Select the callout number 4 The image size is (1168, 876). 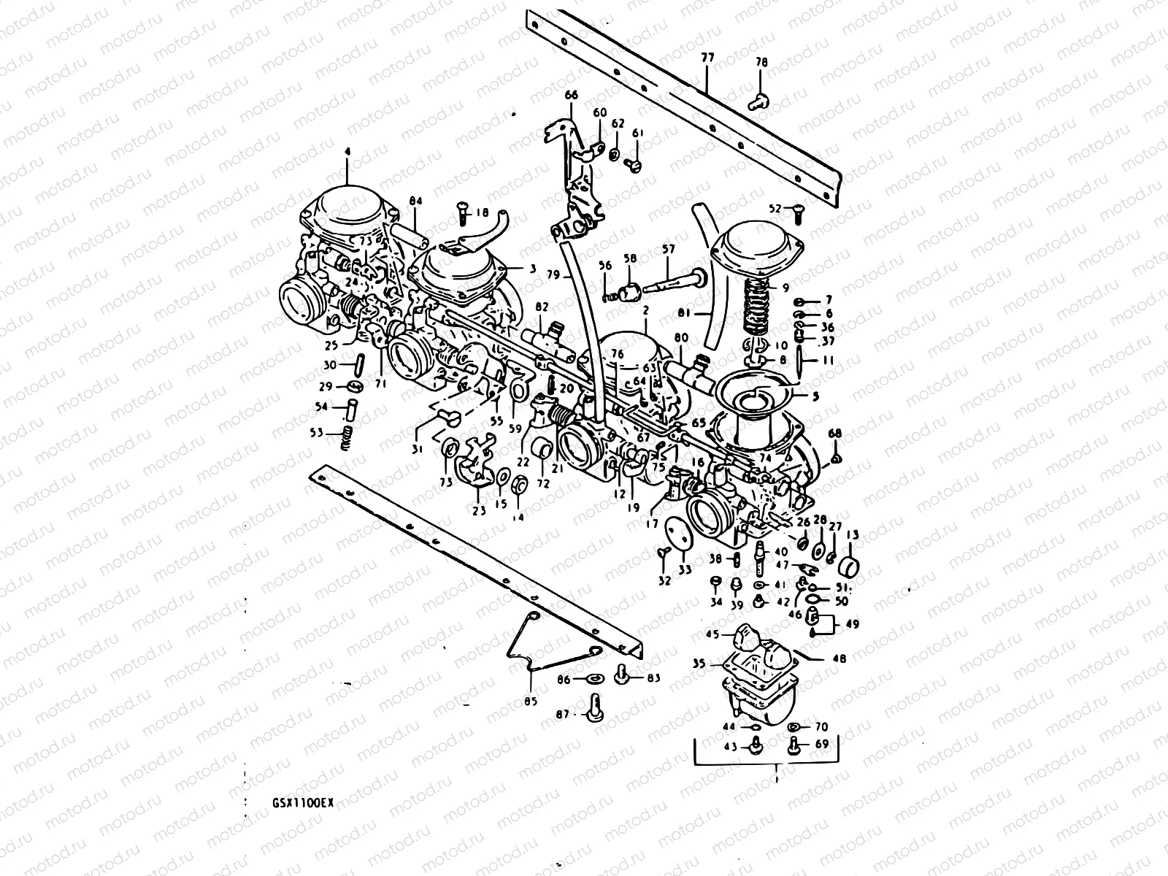[347, 151]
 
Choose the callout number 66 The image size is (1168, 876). [571, 95]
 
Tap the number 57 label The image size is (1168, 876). [668, 250]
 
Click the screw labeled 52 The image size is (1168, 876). [796, 210]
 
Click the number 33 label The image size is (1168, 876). [684, 569]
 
